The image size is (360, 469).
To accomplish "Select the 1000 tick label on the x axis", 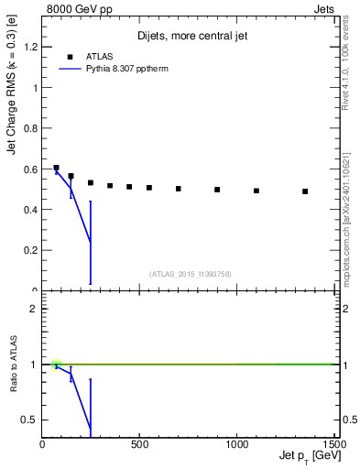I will pos(236,445).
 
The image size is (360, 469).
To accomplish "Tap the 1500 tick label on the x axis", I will pos(333,445).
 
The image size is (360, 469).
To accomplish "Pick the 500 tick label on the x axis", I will pos(139,445).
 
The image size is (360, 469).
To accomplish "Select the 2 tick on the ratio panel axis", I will pos(34,309).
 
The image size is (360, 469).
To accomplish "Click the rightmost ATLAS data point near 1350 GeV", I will pos(305,191).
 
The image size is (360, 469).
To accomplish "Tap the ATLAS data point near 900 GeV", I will pos(217,190).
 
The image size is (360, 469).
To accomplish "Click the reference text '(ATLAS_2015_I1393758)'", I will pos(189,273).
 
